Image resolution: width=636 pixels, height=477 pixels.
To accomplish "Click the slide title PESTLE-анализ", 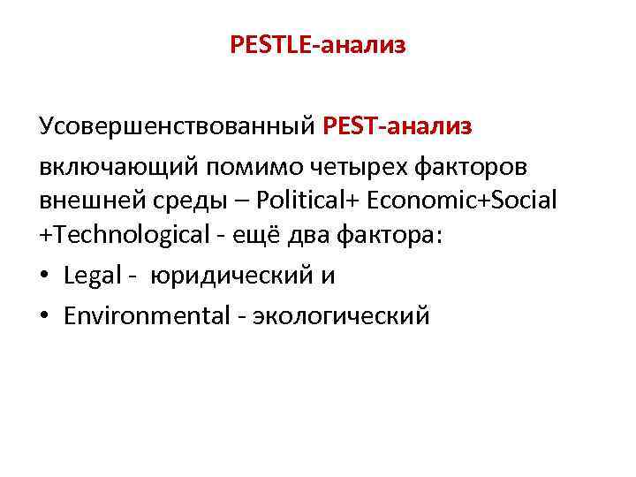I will click(318, 44).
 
